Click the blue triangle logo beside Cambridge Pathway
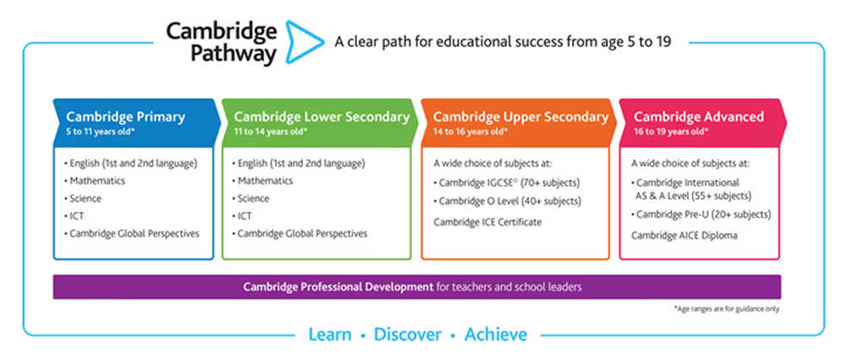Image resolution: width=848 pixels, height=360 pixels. pyautogui.click(x=304, y=42)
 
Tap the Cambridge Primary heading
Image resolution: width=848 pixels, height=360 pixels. pyautogui.click(x=126, y=117)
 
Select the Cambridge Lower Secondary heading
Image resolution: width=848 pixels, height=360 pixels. pyautogui.click(x=322, y=117)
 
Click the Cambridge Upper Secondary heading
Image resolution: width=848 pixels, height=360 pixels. pyautogui.click(x=521, y=117)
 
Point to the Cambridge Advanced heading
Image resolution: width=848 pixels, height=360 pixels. pyautogui.click(x=699, y=117)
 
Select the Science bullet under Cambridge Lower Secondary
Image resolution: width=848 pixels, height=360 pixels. pyautogui.click(x=250, y=198)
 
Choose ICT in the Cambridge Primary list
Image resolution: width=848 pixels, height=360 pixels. pyautogui.click(x=74, y=216)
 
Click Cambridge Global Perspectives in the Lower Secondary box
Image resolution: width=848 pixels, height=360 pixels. pyautogui.click(x=299, y=233)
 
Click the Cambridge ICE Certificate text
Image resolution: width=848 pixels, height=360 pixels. pyautogui.click(x=487, y=221)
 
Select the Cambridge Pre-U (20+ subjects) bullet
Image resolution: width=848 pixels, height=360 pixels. pyautogui.click(x=701, y=215)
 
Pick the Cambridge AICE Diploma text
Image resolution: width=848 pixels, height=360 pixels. pyautogui.click(x=684, y=235)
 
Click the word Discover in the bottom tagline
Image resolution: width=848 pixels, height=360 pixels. pyautogui.click(x=408, y=334)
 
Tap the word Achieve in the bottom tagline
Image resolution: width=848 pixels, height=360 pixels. pyautogui.click(x=496, y=334)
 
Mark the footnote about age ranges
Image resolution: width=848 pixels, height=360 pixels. pyautogui.click(x=727, y=309)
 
